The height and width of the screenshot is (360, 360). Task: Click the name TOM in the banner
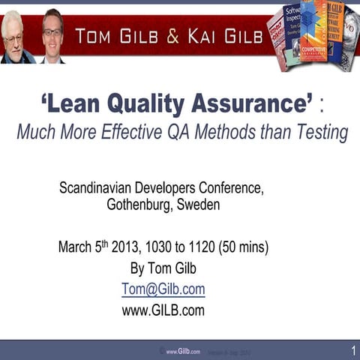96,36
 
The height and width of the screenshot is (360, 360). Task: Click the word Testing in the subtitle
320,133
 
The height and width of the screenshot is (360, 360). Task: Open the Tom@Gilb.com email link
163,289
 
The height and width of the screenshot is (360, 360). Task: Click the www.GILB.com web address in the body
163,309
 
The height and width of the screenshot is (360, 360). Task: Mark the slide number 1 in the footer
352,350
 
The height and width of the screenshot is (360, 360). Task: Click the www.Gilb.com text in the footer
183,350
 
